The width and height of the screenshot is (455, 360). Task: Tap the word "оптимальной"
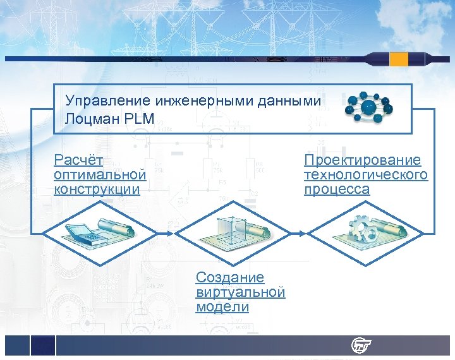pos(100,175)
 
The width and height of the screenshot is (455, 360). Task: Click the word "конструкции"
pos(96,189)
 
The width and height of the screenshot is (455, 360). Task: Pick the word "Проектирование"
pos(362,160)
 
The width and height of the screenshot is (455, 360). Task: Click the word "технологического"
pos(365,175)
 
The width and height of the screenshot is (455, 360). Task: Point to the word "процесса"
pos(336,189)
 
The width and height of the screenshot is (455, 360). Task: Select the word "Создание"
pos(230,278)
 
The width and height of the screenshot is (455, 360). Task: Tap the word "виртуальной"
pos(240,292)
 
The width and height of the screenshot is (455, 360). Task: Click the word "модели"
pos(222,307)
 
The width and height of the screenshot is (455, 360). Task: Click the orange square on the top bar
pos(399,59)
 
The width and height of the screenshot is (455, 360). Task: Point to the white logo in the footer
pos(361,345)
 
